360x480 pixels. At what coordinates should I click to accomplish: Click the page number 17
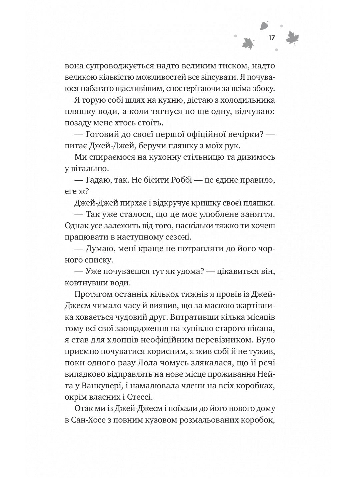tap(271, 38)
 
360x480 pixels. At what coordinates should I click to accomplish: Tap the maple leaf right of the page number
tap(292, 38)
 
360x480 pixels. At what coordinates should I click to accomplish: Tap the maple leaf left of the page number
tap(248, 43)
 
